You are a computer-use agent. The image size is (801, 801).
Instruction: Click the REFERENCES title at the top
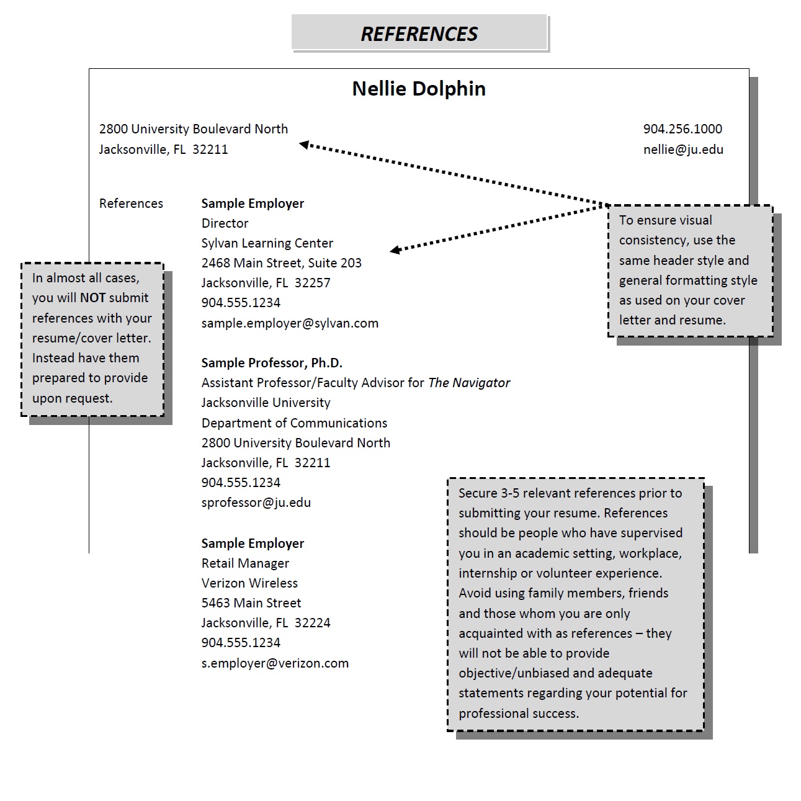point(419,34)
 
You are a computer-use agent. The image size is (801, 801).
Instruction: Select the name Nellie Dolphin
point(419,89)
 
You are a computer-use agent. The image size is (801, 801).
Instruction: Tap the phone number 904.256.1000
point(682,129)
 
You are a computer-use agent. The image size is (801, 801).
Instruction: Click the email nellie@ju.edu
point(683,150)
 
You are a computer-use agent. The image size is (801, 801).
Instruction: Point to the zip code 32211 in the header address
point(210,150)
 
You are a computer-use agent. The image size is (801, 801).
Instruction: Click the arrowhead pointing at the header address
point(304,145)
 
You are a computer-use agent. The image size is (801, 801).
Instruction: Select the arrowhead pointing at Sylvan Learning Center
point(395,249)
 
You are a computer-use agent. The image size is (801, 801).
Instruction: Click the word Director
point(225,223)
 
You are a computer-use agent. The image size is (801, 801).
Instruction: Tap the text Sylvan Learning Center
point(267,243)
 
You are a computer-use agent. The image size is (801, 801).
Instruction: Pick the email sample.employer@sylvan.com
point(290,323)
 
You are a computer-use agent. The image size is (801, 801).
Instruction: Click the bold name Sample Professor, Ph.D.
point(272,363)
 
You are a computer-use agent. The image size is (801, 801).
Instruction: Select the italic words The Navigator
point(469,382)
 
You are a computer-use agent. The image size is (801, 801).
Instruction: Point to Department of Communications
point(294,423)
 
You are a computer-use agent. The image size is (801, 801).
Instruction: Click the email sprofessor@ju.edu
point(256,503)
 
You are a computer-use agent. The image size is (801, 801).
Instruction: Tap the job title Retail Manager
point(245,563)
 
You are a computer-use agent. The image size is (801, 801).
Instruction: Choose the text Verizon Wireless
point(249,583)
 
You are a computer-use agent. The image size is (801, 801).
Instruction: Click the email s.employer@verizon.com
point(275,663)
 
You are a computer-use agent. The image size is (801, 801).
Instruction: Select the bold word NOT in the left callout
point(92,298)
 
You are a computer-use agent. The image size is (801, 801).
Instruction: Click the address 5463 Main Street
point(251,602)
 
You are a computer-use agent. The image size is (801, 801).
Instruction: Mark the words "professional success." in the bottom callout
point(519,714)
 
